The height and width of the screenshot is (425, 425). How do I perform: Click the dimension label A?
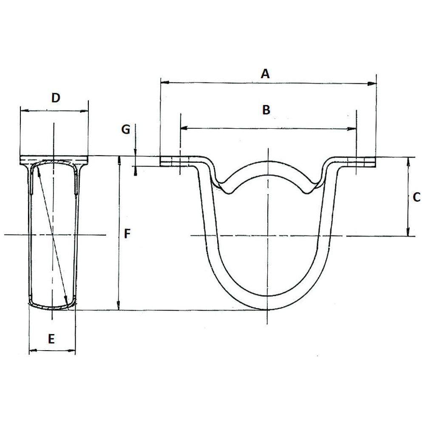[265, 74]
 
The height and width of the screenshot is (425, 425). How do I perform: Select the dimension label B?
[266, 110]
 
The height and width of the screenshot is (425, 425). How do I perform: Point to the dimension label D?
[56, 98]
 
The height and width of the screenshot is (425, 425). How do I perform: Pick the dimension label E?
[51, 339]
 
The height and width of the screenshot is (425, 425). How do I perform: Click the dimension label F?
[127, 233]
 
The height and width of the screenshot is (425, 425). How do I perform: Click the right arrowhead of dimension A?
[373, 84]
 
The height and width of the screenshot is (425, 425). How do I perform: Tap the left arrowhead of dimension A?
[164, 82]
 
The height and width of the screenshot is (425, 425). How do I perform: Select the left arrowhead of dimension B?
[183, 127]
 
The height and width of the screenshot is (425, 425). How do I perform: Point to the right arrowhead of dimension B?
[353, 128]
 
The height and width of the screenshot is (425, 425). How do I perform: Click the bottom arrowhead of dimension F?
[119, 307]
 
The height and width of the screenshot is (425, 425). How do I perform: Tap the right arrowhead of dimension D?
[85, 111]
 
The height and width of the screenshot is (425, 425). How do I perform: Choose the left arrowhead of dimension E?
[32, 351]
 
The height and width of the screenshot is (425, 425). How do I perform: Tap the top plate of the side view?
[54, 159]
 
